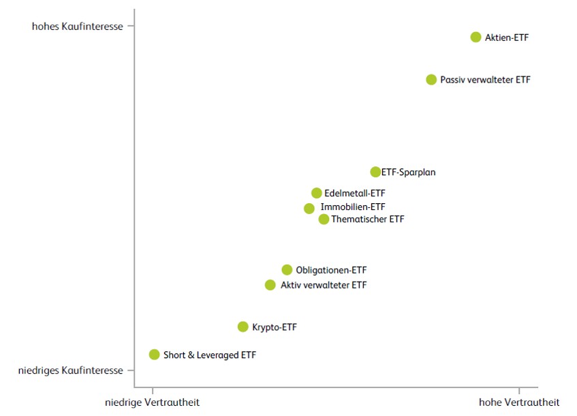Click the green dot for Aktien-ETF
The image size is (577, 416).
[475, 37]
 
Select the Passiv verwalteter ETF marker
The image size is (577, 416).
[431, 80]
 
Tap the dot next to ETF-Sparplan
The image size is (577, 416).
[375, 172]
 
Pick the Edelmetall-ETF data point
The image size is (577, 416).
[317, 193]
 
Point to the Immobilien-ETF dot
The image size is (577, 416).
[309, 208]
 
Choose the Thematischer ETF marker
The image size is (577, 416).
[324, 219]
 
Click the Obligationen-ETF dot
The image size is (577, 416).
[287, 269]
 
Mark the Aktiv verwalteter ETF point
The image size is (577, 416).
[270, 285]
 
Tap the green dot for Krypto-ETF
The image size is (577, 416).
[243, 327]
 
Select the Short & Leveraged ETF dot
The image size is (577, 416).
[155, 355]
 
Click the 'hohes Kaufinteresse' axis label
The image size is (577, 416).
[78, 27]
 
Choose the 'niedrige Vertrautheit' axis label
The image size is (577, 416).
[153, 402]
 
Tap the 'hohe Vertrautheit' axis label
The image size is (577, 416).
[519, 402]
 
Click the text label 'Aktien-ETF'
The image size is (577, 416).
[507, 38]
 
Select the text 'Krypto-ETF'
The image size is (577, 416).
[275, 327]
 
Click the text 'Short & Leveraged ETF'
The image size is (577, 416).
[210, 355]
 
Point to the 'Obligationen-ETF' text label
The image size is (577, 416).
[331, 270]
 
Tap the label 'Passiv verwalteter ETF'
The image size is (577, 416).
[485, 80]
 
